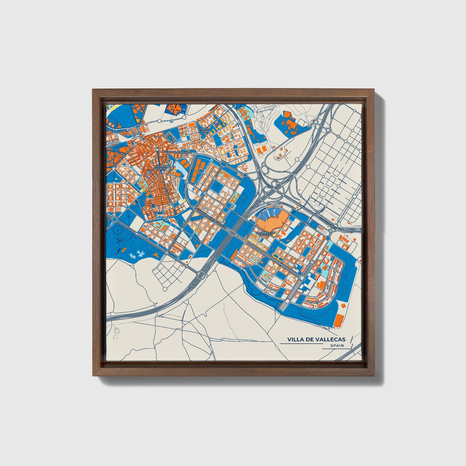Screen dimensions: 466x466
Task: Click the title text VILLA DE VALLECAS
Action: [x=316, y=339]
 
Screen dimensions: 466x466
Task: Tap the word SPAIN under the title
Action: [x=337, y=346]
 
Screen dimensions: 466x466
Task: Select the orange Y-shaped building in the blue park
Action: [x=156, y=255]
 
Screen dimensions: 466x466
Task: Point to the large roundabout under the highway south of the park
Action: [x=201, y=275]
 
